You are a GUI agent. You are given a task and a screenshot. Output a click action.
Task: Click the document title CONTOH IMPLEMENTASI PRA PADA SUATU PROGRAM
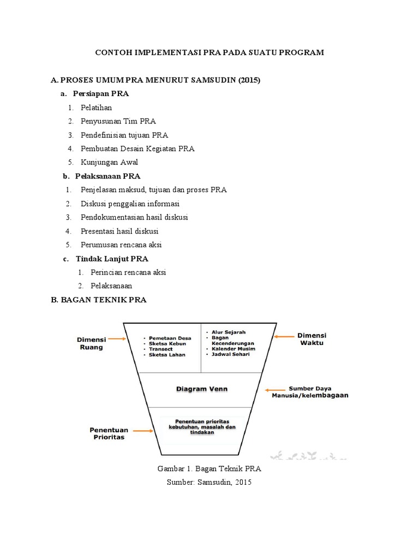pyautogui.click(x=209, y=52)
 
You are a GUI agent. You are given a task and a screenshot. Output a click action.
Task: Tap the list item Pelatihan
pyautogui.click(x=97, y=108)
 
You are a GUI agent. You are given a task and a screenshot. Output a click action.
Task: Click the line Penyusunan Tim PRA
pyautogui.click(x=118, y=121)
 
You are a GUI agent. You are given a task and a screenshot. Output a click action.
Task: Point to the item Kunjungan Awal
pyautogui.click(x=110, y=162)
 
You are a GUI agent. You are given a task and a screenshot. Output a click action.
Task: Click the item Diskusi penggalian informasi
pyautogui.click(x=130, y=204)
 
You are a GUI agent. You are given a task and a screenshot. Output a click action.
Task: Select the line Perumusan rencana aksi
pyautogui.click(x=121, y=245)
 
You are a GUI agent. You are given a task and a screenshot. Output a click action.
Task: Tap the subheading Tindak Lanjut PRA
pyautogui.click(x=112, y=259)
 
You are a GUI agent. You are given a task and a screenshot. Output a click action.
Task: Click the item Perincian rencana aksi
pyautogui.click(x=128, y=272)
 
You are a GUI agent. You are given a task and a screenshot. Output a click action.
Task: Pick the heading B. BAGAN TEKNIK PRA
pyautogui.click(x=99, y=300)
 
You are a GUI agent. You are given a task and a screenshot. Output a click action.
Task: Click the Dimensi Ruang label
pyautogui.click(x=91, y=342)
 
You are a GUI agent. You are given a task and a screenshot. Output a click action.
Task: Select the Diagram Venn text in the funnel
pyautogui.click(x=201, y=389)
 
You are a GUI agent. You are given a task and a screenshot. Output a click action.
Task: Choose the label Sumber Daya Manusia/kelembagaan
pyautogui.click(x=310, y=392)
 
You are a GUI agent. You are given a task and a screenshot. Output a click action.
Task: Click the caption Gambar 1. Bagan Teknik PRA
pyautogui.click(x=209, y=469)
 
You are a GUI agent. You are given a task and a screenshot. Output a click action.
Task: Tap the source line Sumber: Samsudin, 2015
pyautogui.click(x=209, y=482)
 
